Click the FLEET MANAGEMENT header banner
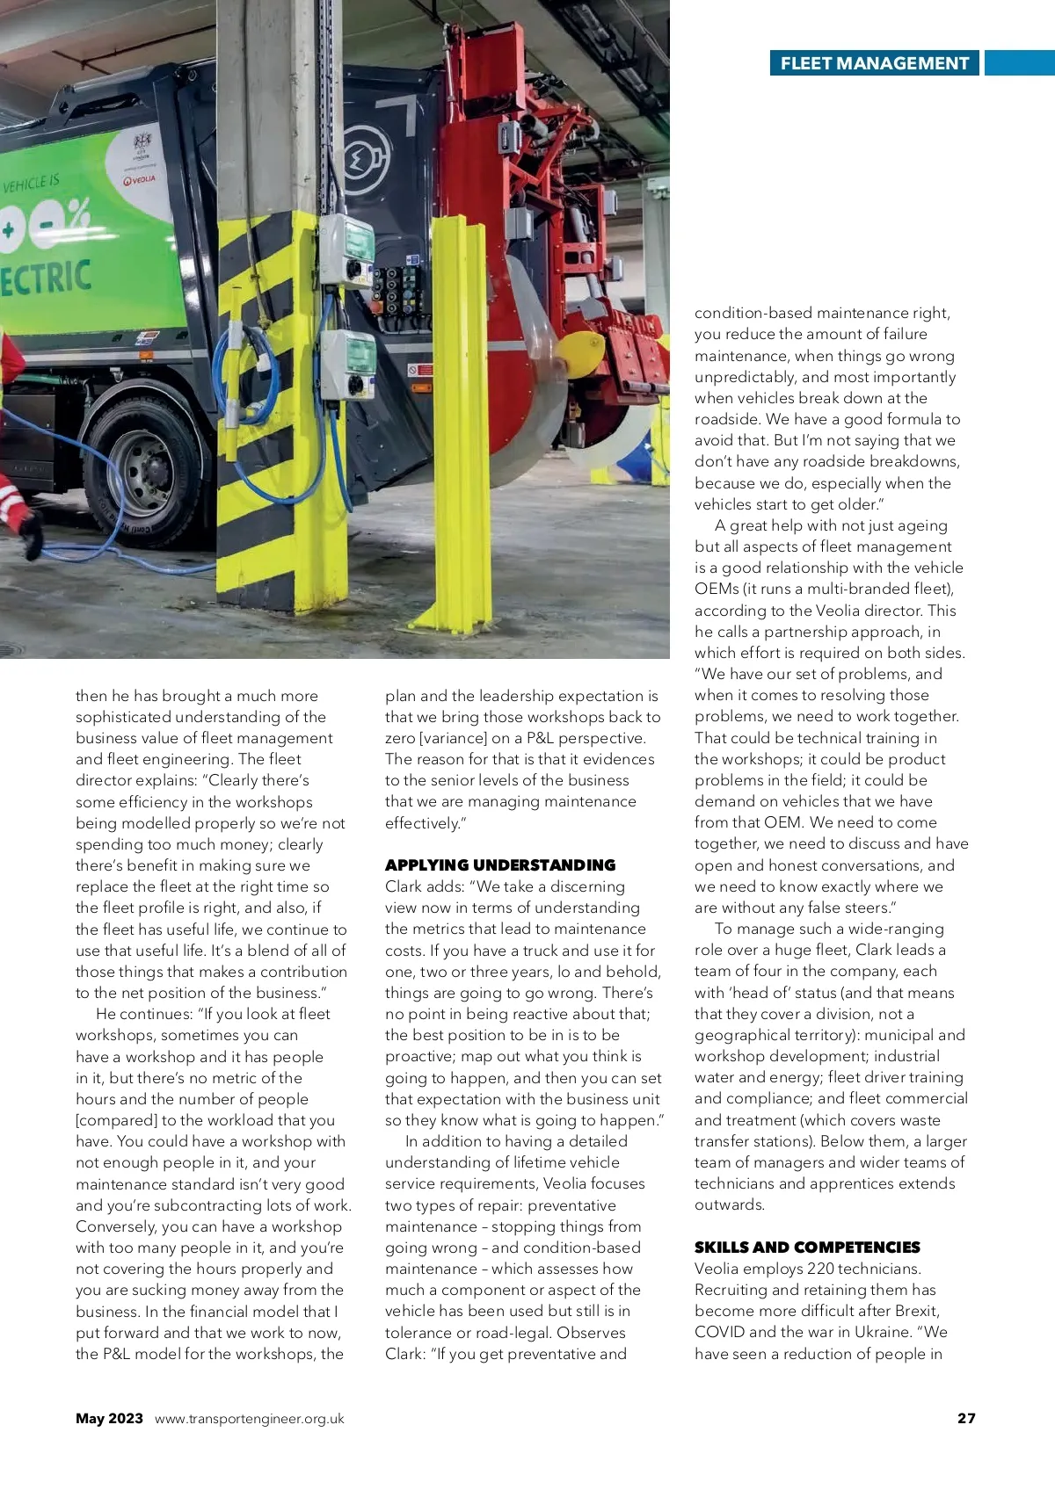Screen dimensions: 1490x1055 [x=874, y=63]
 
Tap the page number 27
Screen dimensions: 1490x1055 [x=966, y=1418]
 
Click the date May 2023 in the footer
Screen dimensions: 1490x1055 [x=109, y=1418]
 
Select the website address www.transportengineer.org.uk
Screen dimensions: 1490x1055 [x=250, y=1419]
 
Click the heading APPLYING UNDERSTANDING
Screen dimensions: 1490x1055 [x=500, y=864]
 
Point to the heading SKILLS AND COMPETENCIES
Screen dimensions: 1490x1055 [x=807, y=1247]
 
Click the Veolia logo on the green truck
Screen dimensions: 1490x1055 [x=140, y=180]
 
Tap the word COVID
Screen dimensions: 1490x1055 [x=719, y=1332]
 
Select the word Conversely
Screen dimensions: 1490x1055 [x=116, y=1226]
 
